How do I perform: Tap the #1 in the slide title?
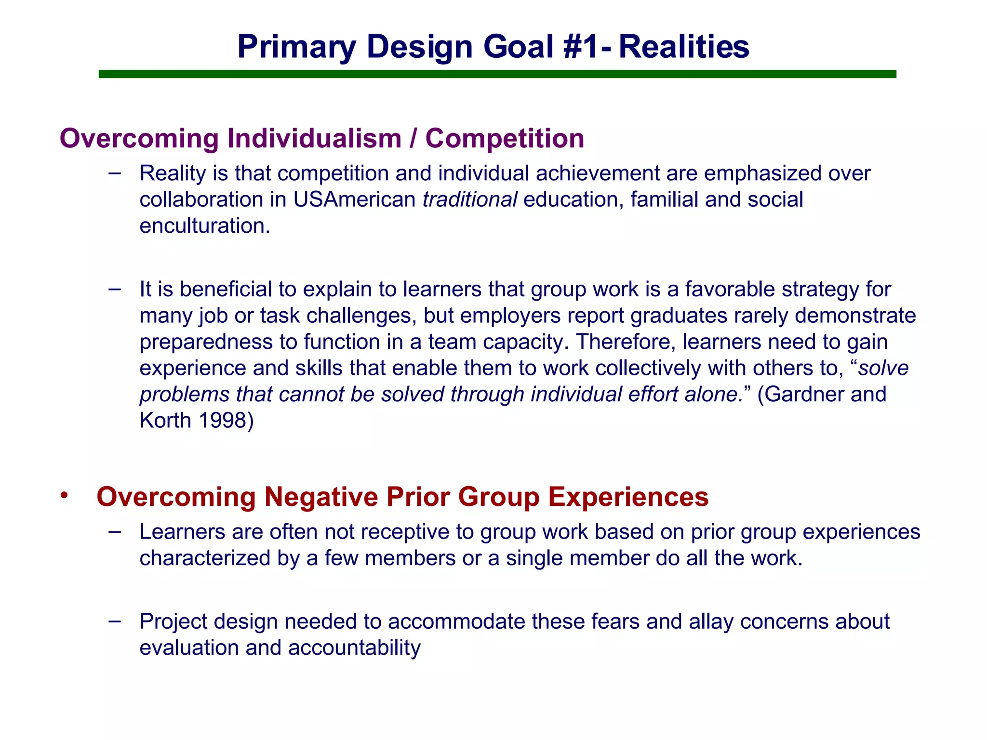[x=581, y=47]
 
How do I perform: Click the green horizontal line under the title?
[x=496, y=74]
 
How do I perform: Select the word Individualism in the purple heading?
[x=314, y=138]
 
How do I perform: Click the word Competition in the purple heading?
[x=505, y=138]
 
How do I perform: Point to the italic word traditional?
[x=469, y=199]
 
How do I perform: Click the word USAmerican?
[x=354, y=199]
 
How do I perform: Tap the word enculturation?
[x=204, y=225]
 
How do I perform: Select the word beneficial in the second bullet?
[x=228, y=289]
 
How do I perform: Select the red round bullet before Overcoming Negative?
[x=65, y=496]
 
